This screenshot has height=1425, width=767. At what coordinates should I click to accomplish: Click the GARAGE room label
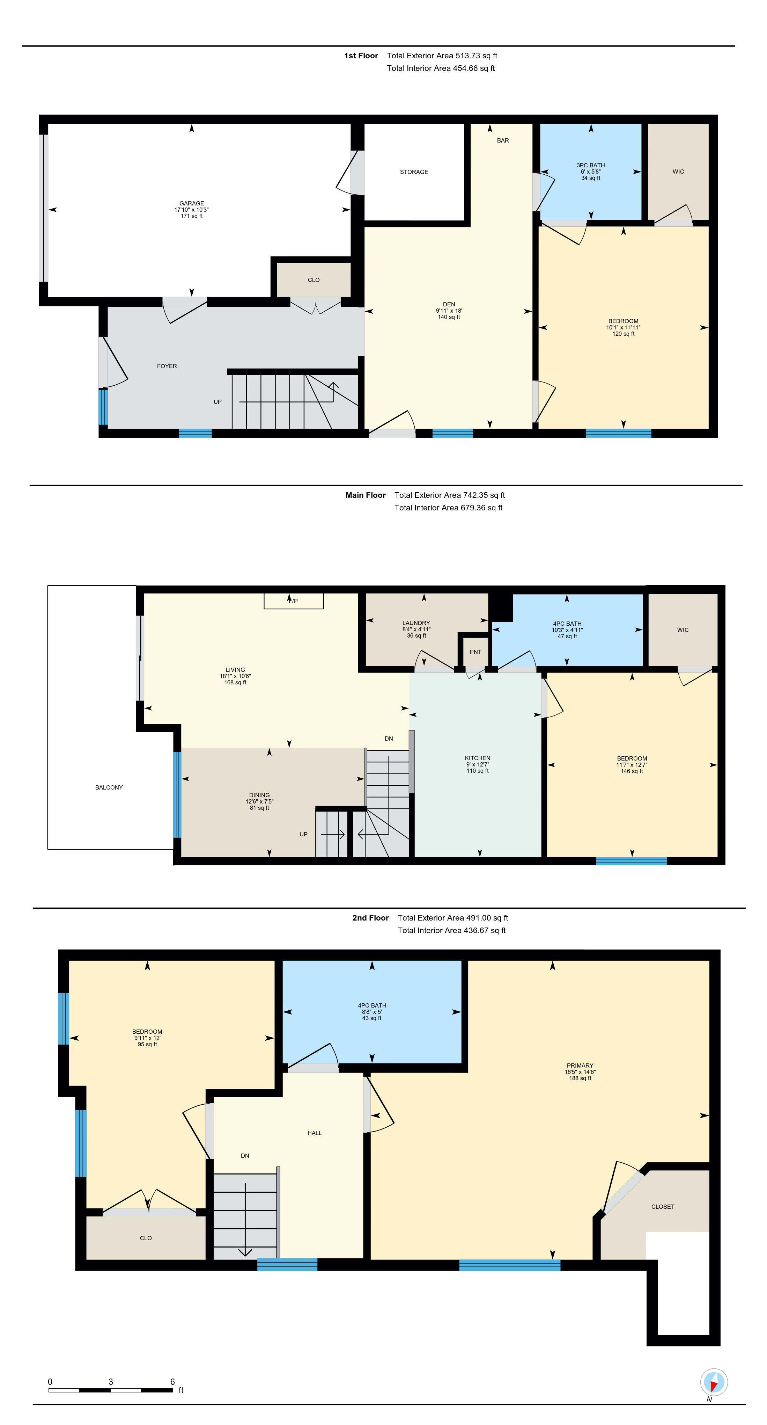(x=191, y=203)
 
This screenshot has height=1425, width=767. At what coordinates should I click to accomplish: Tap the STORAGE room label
(x=414, y=172)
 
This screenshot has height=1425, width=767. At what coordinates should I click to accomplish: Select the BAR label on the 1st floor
(x=503, y=140)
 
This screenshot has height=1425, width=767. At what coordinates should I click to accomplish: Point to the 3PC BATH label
(x=591, y=165)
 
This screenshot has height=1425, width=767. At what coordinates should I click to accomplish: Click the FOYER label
(x=167, y=366)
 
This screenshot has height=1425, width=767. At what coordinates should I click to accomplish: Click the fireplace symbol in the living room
(x=294, y=601)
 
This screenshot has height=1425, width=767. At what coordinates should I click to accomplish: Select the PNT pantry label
(x=475, y=652)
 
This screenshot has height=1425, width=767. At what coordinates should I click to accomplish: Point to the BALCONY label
(x=109, y=787)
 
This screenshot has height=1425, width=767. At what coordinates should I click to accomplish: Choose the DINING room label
(x=259, y=795)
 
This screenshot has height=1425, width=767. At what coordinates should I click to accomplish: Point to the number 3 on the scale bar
(x=111, y=1381)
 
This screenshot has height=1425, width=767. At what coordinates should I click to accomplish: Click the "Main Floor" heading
(x=366, y=495)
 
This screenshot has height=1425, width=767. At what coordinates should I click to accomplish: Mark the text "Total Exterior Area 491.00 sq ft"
(x=453, y=918)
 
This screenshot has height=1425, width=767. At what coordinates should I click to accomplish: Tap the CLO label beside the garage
(x=314, y=280)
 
